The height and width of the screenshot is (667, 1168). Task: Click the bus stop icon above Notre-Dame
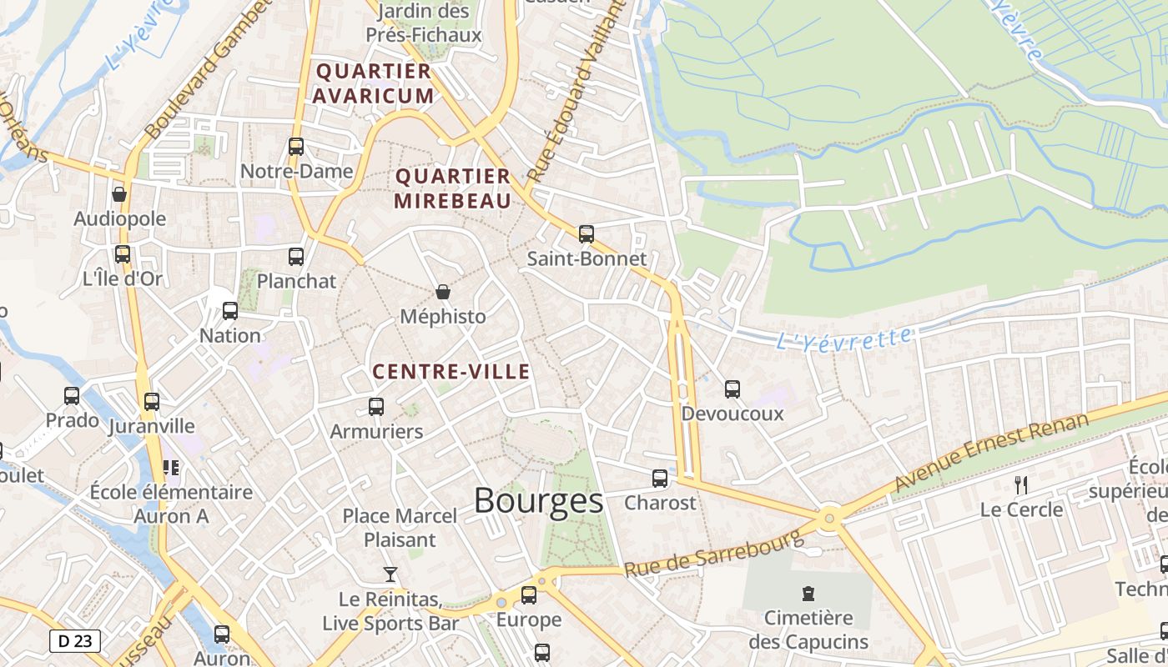tap(296, 147)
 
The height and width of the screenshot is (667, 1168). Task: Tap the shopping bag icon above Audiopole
tap(119, 194)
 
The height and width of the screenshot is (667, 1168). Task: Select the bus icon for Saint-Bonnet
tap(587, 234)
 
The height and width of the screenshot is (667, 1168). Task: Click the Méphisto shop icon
tap(442, 292)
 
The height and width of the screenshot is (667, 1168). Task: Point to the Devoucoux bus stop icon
tap(733, 389)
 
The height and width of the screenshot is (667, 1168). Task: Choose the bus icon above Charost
tap(660, 479)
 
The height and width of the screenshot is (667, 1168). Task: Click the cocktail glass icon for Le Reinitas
tap(390, 574)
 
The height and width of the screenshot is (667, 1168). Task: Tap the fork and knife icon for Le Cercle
tap(1020, 484)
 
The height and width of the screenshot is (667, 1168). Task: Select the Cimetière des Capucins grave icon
tap(808, 594)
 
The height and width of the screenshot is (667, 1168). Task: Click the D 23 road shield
tap(75, 641)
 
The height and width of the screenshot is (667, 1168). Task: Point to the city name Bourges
tap(538, 501)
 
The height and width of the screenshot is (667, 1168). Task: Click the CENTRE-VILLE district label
tap(451, 372)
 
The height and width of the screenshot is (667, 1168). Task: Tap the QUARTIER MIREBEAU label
tap(452, 188)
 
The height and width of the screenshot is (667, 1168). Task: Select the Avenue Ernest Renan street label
tap(992, 451)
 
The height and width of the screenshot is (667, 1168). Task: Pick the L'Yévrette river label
tap(843, 339)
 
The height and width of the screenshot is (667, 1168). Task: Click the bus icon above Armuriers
tap(376, 407)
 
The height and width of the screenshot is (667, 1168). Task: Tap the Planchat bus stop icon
tap(296, 257)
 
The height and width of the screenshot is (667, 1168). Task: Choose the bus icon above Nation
tap(230, 311)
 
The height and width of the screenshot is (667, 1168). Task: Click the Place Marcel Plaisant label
tap(400, 528)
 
